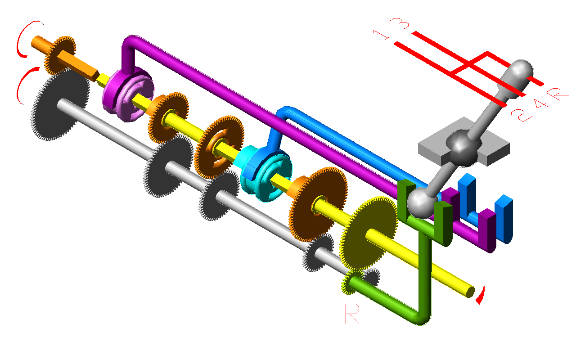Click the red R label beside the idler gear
(352, 314)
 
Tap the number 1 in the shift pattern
(382, 35)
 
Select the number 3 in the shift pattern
(399, 24)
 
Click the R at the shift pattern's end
(557, 94)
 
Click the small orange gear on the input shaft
(60, 55)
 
